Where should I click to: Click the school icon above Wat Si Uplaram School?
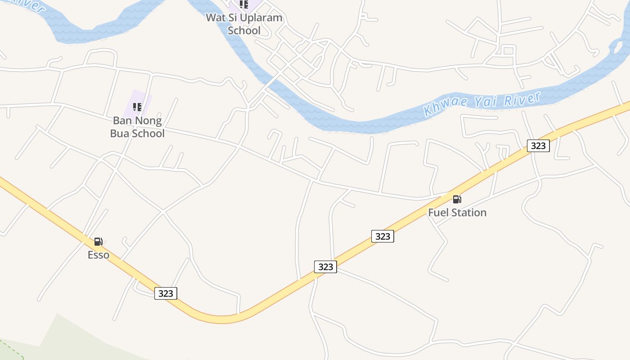[x=244, y=4]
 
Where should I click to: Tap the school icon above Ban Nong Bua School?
[x=137, y=107]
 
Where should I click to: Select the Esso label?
[x=98, y=255]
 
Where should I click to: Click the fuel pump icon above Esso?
[x=98, y=242]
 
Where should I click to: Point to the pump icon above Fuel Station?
[x=457, y=199]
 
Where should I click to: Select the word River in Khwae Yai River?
[x=522, y=98]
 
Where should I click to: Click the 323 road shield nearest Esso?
[x=166, y=293]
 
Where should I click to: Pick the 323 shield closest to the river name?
[x=538, y=145]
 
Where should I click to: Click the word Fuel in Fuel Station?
[x=438, y=212]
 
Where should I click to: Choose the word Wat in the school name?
[x=215, y=18]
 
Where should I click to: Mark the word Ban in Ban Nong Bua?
[x=122, y=121]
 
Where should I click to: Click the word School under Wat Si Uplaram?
[x=244, y=31]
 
